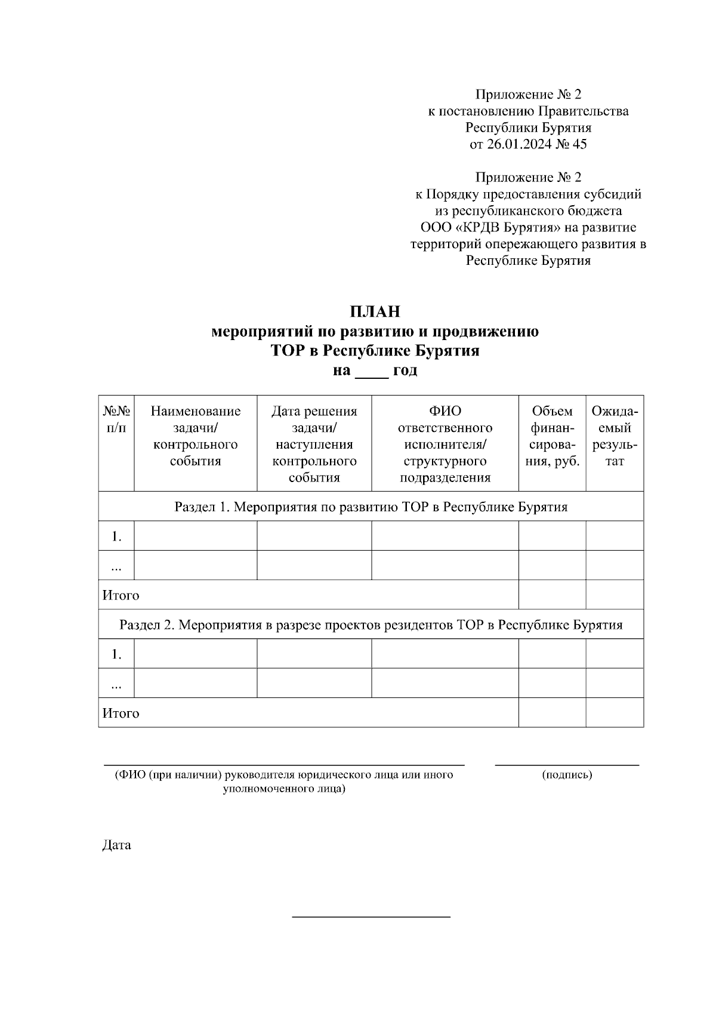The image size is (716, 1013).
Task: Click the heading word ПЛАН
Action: [x=375, y=311]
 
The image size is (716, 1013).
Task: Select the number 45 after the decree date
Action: [x=579, y=144]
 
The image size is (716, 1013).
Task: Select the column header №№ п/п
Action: [x=116, y=419]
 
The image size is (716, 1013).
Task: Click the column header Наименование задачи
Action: [x=195, y=436]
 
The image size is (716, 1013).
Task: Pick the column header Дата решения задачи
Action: [x=314, y=444]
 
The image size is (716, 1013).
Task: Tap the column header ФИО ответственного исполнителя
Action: [x=445, y=444]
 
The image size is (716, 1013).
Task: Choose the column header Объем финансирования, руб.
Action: [x=552, y=436]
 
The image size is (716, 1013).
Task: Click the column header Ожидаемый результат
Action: [x=615, y=436]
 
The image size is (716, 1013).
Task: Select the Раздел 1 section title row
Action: [x=371, y=507]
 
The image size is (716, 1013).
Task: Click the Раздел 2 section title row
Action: [x=371, y=625]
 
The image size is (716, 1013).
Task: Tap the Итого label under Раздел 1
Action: [x=121, y=595]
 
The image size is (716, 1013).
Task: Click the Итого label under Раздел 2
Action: [x=121, y=714]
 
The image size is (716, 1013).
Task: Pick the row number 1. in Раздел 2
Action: [x=116, y=654]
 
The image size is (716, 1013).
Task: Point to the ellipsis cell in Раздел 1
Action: [x=116, y=567]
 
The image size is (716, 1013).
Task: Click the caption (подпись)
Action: [x=567, y=775]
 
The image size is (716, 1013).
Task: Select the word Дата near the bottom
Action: [x=117, y=845]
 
